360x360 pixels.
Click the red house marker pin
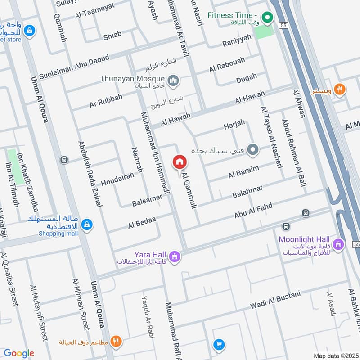pos(179,162)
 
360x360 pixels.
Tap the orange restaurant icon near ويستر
pos(340,90)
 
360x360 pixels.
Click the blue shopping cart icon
pos(219,344)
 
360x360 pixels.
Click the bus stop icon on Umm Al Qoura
pos(64,160)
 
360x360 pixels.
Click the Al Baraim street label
pos(243,171)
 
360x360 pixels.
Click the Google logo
pos(18,353)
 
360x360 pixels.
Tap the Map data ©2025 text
pos(335,355)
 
